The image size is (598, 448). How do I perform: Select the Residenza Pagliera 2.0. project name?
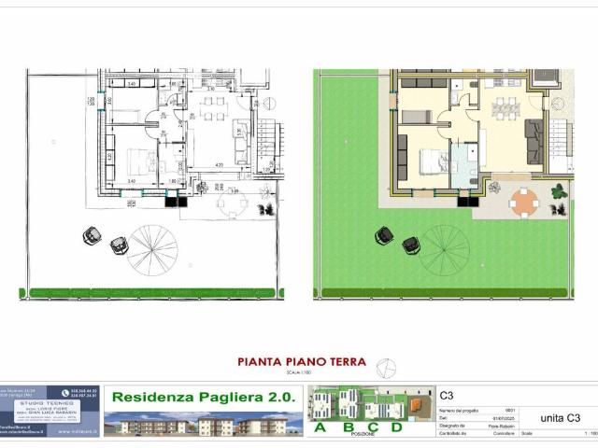point(202,397)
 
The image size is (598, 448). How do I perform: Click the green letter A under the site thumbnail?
point(321,428)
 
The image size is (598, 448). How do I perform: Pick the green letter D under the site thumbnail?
point(396,428)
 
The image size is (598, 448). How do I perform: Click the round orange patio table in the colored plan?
point(525,201)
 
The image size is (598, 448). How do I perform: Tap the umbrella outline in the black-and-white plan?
point(152,248)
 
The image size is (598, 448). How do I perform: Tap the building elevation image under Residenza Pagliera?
point(202,424)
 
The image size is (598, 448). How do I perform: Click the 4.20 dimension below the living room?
point(220,165)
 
